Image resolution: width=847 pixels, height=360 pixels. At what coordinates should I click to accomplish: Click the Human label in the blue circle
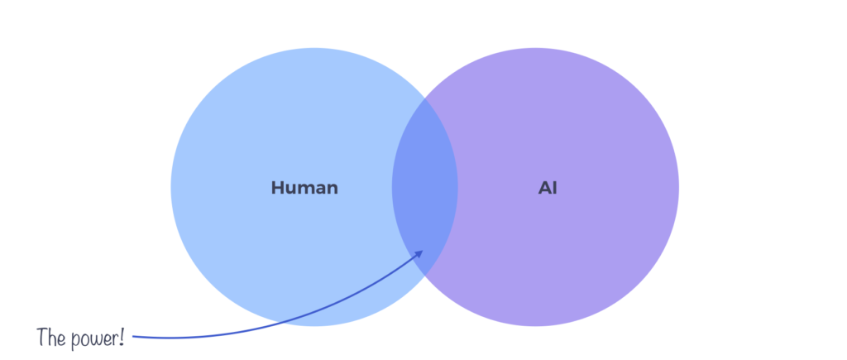(304, 188)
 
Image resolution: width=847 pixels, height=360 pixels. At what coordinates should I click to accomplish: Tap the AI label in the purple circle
(548, 188)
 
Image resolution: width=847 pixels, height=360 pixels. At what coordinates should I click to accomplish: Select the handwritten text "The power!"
(80, 338)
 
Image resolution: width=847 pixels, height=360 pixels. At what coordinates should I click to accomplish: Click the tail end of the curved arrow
(135, 336)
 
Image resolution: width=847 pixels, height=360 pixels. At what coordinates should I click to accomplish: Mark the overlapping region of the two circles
(424, 187)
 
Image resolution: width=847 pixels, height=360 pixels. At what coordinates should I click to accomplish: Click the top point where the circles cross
(425, 98)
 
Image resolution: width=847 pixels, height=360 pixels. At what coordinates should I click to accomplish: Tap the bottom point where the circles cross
(425, 276)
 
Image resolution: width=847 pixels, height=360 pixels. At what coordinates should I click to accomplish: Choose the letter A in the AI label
(543, 188)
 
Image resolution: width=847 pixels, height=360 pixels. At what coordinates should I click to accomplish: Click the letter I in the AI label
(555, 188)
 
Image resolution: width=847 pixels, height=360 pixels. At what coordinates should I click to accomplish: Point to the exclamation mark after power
(121, 337)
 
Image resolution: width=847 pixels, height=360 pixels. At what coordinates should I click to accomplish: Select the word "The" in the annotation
(50, 337)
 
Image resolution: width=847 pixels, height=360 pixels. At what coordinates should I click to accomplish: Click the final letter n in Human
(333, 189)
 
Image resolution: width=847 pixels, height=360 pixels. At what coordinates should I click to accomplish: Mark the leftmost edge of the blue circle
(171, 187)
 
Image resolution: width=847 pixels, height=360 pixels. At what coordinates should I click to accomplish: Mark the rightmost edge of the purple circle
(678, 187)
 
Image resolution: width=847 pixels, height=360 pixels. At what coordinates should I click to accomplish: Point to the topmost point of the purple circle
(535, 48)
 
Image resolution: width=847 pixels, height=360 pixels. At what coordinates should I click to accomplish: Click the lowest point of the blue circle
(314, 325)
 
